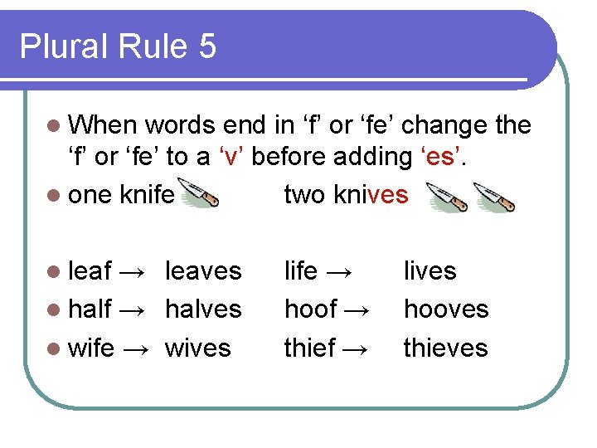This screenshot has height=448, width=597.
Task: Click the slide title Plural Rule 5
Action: point(118,46)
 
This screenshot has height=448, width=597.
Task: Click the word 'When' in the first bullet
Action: point(103,125)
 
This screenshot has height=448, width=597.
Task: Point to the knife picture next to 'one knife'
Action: point(199,197)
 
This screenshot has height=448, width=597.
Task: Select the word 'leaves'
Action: point(203,271)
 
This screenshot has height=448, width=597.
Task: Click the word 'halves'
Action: point(203,309)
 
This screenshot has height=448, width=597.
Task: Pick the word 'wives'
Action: point(197,348)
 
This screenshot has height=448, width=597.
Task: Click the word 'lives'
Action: point(430,271)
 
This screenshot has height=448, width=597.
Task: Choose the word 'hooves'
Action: point(446,309)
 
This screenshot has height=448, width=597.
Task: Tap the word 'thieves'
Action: point(445,348)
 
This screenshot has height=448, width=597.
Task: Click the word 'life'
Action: point(301,271)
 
